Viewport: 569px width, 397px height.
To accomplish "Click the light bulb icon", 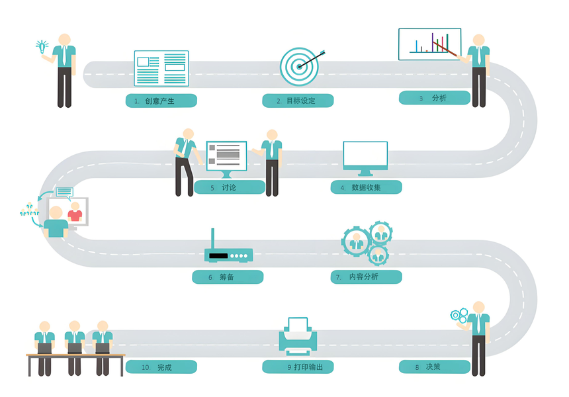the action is click(x=42, y=47).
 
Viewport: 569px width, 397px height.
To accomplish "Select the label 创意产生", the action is click(x=159, y=101).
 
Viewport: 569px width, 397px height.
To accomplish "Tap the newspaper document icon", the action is click(x=161, y=69).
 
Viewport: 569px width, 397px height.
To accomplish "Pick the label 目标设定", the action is click(x=301, y=101).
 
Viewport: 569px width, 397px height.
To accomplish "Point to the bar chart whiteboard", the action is click(x=429, y=44).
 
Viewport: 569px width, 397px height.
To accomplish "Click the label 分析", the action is click(x=439, y=98).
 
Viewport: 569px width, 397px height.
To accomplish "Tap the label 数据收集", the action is click(x=366, y=187).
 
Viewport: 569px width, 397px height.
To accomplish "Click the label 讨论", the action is click(x=229, y=187).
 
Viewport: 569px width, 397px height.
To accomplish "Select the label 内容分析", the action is click(x=364, y=277).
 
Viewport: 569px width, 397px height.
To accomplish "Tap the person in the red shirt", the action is click(x=75, y=212).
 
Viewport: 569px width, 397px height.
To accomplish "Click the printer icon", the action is click(x=298, y=336).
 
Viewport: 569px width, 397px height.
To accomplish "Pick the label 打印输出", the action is click(x=308, y=367).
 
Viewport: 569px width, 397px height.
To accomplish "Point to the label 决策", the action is click(x=433, y=367).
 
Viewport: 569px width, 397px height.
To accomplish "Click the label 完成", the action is click(x=165, y=367).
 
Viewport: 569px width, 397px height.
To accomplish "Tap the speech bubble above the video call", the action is click(x=65, y=193).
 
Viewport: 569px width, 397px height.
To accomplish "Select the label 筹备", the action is click(x=227, y=277).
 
